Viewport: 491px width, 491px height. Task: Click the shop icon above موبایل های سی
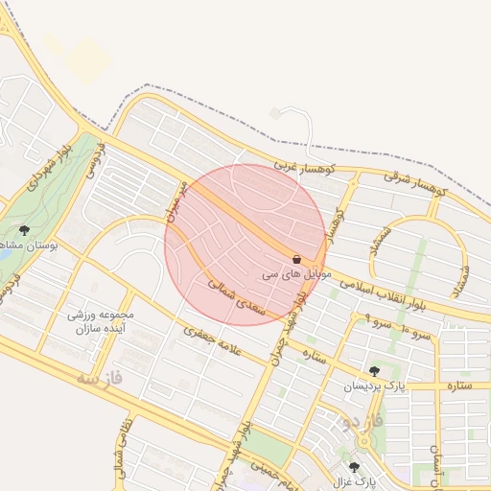point(295,260)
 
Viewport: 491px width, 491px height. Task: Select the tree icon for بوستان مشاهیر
point(24,230)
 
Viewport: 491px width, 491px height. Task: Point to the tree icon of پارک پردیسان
point(374,371)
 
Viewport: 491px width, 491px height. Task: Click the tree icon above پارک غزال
point(354,467)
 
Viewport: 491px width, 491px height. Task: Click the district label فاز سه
point(101,378)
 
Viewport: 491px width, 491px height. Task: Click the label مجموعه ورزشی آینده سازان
point(101,321)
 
